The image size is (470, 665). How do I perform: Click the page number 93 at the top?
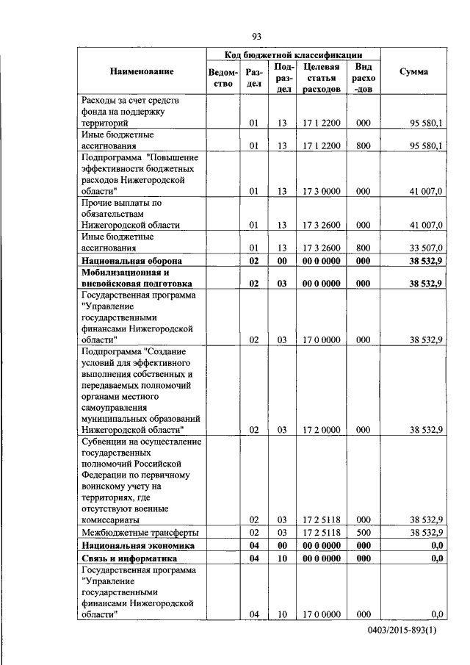[256, 37]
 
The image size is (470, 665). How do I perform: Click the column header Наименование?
[142, 71]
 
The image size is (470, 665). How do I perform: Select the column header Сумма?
[413, 71]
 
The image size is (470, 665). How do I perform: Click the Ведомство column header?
[223, 78]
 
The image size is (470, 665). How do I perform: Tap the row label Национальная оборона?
[131, 261]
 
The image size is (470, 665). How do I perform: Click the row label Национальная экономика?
[137, 546]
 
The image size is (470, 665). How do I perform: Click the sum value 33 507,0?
[425, 248]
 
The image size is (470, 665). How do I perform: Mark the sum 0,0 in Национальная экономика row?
[436, 546]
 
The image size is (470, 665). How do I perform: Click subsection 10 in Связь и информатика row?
[281, 558]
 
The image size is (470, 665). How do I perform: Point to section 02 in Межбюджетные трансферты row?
[253, 532]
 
